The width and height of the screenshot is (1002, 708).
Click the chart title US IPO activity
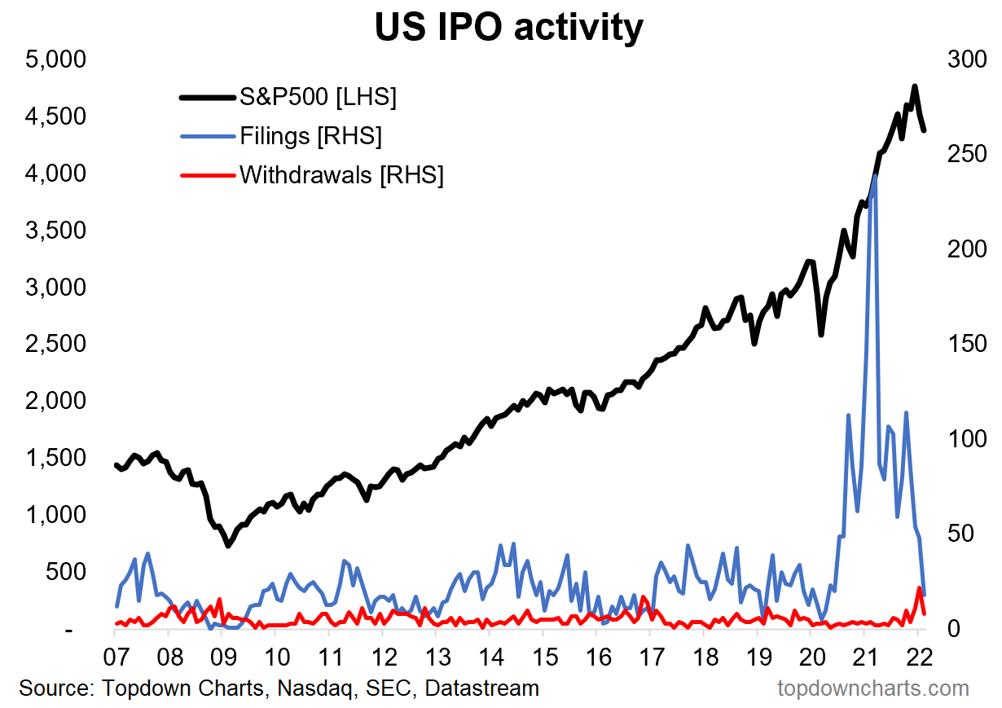(x=508, y=26)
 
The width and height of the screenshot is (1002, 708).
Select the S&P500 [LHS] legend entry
(x=318, y=98)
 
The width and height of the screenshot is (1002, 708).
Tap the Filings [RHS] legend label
(x=310, y=135)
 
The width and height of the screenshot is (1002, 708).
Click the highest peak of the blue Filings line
(x=875, y=175)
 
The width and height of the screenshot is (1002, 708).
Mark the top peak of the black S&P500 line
(x=915, y=86)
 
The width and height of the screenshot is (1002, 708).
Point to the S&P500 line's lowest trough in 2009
(x=228, y=545)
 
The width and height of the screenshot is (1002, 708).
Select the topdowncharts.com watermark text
(x=873, y=688)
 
